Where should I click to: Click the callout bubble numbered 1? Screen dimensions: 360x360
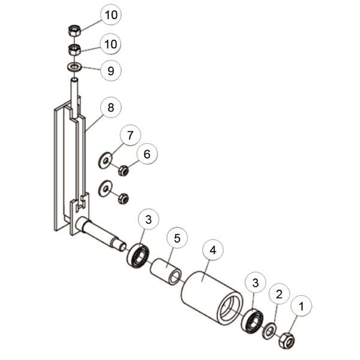pyautogui.click(x=301, y=306)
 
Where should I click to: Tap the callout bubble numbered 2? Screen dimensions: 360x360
pyautogui.click(x=279, y=294)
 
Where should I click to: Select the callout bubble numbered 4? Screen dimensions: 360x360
pyautogui.click(x=213, y=250)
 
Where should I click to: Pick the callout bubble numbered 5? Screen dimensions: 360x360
pyautogui.click(x=177, y=238)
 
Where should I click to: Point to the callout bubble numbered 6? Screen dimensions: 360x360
pyautogui.click(x=147, y=154)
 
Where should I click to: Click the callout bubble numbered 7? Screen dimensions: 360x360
pyautogui.click(x=130, y=135)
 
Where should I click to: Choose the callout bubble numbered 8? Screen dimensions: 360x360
pyautogui.click(x=110, y=107)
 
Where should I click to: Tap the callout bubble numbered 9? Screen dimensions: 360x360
pyautogui.click(x=110, y=70)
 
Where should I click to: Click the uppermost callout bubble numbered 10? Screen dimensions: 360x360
pyautogui.click(x=110, y=14)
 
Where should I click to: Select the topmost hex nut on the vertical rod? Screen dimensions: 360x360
pyautogui.click(x=74, y=31)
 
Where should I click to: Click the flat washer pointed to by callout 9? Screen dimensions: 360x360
pyautogui.click(x=74, y=67)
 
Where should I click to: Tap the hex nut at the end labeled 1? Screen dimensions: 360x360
pyautogui.click(x=287, y=340)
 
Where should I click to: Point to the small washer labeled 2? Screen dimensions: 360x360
pyautogui.click(x=269, y=331)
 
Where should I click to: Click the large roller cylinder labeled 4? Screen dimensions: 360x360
pyautogui.click(x=212, y=298)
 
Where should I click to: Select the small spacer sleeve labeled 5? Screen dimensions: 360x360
pyautogui.click(x=166, y=272)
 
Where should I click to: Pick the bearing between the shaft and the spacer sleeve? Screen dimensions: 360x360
pyautogui.click(x=138, y=256)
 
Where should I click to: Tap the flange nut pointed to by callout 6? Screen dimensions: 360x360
pyautogui.click(x=123, y=170)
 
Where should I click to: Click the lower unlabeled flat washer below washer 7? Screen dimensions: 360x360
pyautogui.click(x=105, y=188)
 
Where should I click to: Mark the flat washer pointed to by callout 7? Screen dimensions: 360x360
pyautogui.click(x=105, y=160)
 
